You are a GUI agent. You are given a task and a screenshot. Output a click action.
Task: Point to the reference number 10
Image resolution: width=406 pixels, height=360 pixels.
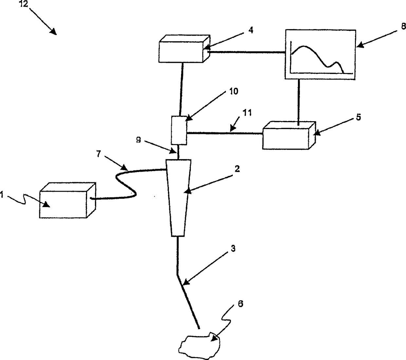coord(234,91)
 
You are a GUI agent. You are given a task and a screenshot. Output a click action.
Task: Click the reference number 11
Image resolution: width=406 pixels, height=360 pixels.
coord(248,113)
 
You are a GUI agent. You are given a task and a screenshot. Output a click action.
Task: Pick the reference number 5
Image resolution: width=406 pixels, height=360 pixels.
coord(359,117)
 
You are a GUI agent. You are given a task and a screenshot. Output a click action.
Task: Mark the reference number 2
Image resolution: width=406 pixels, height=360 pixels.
coord(237,168)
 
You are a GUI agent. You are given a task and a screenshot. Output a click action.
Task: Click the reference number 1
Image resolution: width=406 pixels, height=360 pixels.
coord(2,195)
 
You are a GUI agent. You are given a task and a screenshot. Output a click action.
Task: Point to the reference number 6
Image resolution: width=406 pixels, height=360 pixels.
coord(240,304)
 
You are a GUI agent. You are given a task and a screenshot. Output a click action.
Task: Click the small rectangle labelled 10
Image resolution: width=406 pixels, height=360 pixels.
coord(179,130)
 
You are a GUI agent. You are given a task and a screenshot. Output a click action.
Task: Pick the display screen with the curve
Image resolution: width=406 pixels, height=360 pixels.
coord(320,54)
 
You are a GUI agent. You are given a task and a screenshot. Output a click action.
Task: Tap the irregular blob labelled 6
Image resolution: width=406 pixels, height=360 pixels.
coord(199,344)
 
